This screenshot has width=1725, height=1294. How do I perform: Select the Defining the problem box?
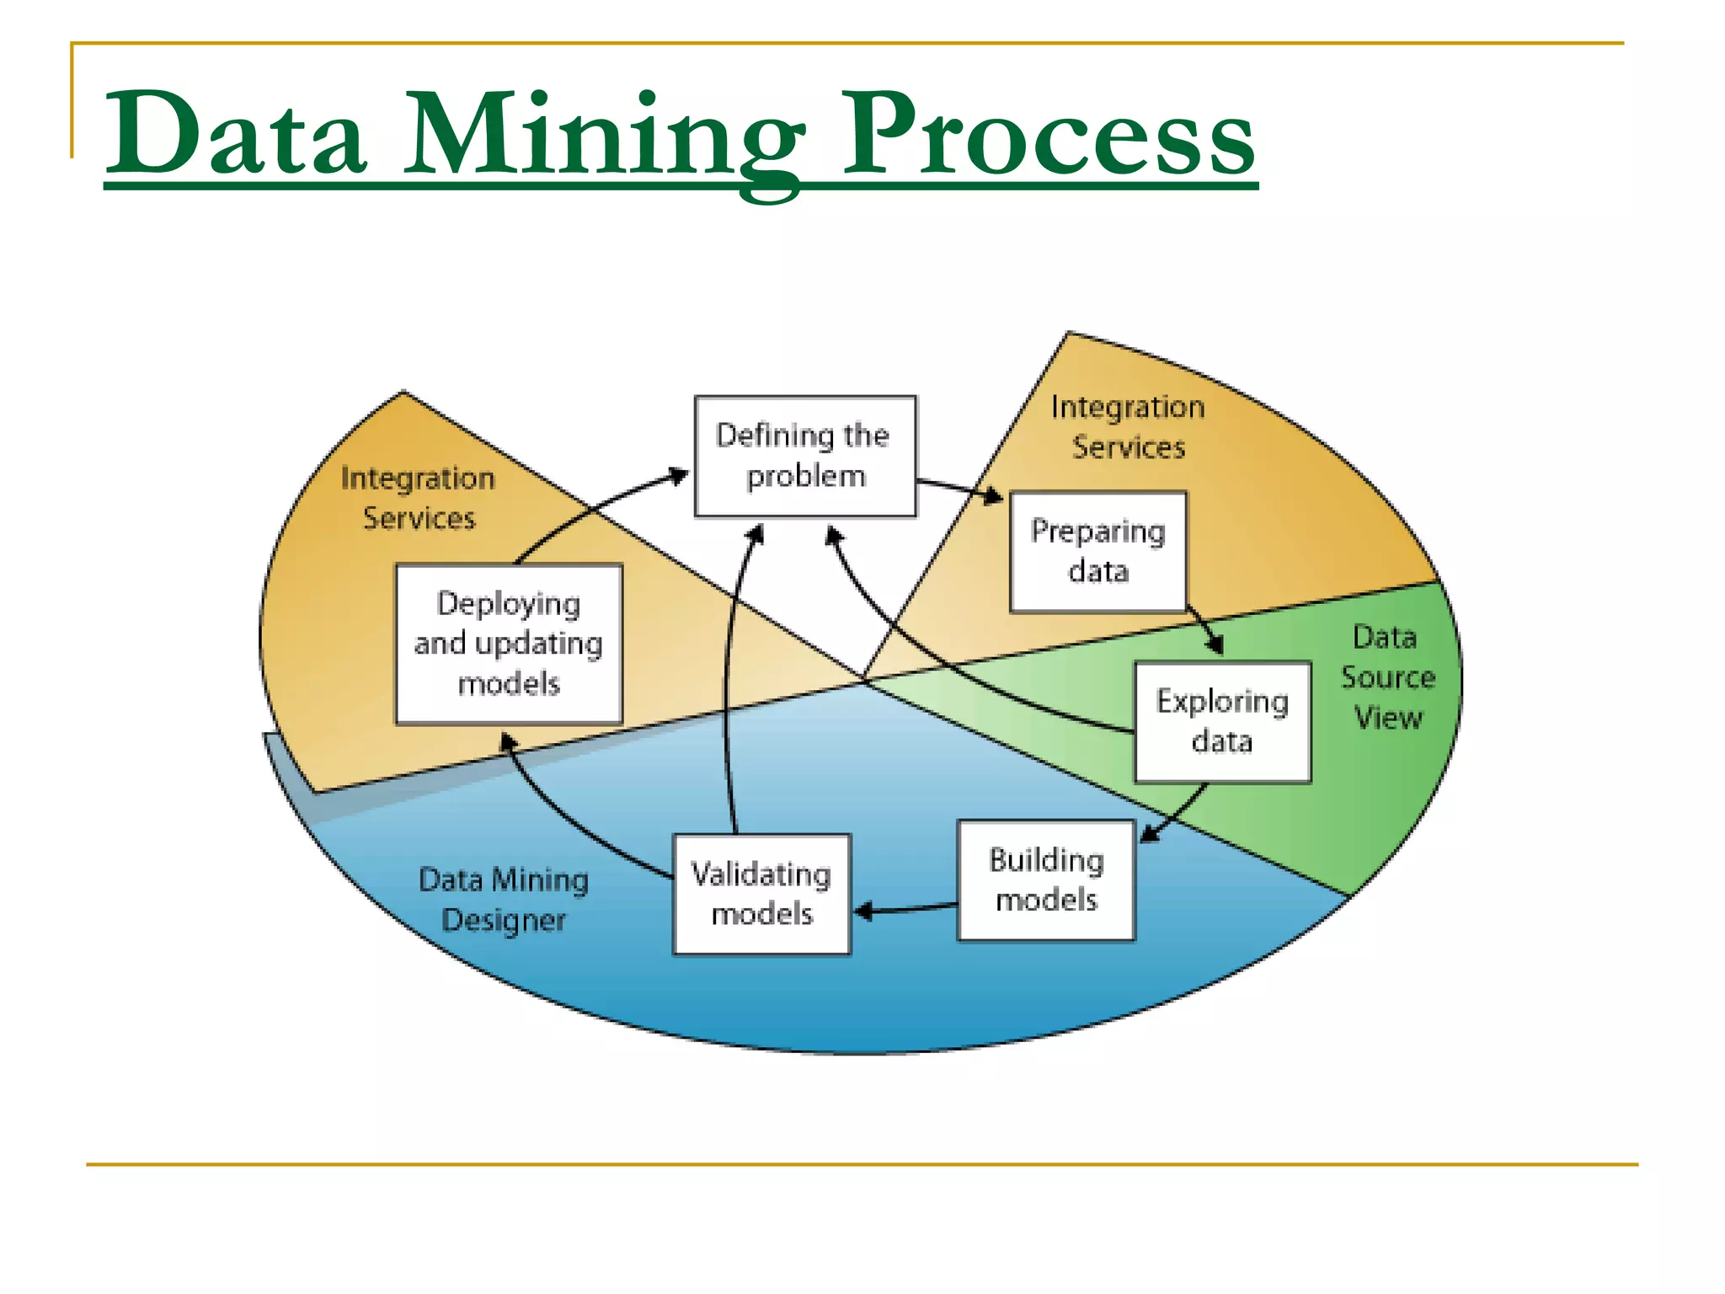[805, 456]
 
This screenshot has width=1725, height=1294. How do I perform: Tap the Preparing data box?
[1098, 552]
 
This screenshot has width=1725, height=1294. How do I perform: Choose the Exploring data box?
[1222, 722]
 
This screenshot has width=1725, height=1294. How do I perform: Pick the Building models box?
[1046, 880]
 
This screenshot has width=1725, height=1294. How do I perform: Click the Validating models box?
[761, 894]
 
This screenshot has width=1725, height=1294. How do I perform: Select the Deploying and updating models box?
[509, 644]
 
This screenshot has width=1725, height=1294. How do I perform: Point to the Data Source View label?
[1387, 677]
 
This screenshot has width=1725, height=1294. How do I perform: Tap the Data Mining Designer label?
[504, 900]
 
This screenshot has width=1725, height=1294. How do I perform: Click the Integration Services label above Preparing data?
[1128, 427]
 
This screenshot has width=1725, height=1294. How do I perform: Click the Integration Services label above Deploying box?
[419, 498]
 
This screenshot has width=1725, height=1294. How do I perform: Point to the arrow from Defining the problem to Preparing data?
[960, 488]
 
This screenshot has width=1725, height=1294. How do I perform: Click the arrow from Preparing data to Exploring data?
[1204, 628]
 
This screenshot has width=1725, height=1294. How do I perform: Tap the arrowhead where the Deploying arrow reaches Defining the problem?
[677, 476]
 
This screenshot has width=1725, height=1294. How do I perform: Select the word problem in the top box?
[806, 477]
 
